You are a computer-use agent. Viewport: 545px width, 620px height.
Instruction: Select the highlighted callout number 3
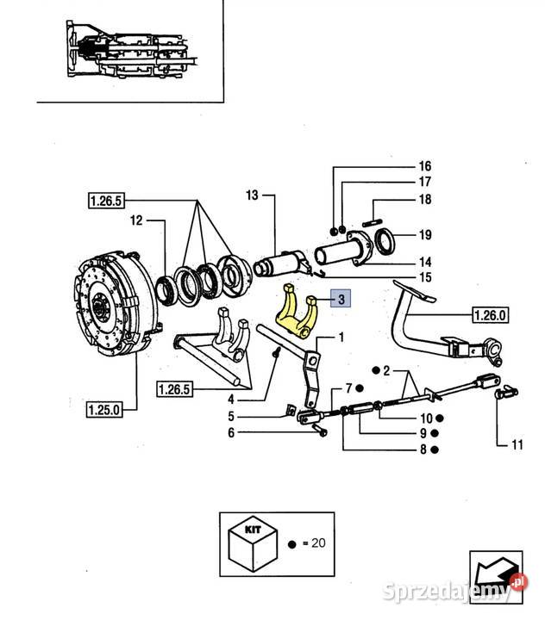tap(341, 300)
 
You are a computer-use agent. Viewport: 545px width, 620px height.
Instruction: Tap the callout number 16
tap(424, 165)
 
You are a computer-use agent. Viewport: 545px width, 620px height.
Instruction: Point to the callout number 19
tap(424, 234)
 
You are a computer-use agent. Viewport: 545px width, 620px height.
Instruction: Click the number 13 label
tap(251, 195)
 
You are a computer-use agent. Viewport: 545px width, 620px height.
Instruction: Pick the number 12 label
tap(135, 221)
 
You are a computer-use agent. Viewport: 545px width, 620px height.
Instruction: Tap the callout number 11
tap(516, 445)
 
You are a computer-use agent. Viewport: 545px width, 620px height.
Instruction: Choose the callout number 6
tap(230, 432)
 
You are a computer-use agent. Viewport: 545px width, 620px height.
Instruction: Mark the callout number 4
tap(230, 399)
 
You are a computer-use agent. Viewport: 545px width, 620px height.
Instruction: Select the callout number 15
tap(424, 276)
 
